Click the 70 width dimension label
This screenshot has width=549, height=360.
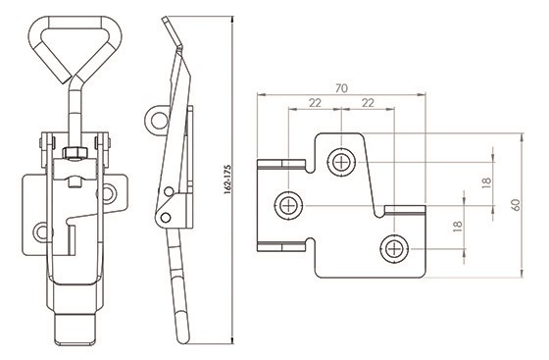coord(341,88)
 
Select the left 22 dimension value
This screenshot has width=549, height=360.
coord(315,103)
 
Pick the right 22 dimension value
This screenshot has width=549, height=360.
coord(368,103)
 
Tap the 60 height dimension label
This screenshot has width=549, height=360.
coord(516,204)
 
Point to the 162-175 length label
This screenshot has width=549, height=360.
coord(227,180)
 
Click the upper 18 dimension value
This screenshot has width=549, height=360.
coord(486,182)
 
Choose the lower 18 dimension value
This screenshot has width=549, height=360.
coord(458,227)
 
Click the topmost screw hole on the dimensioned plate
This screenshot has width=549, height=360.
coord(341,162)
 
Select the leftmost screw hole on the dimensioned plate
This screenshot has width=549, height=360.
coord(288,205)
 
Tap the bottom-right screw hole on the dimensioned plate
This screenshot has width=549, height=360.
coord(394,249)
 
